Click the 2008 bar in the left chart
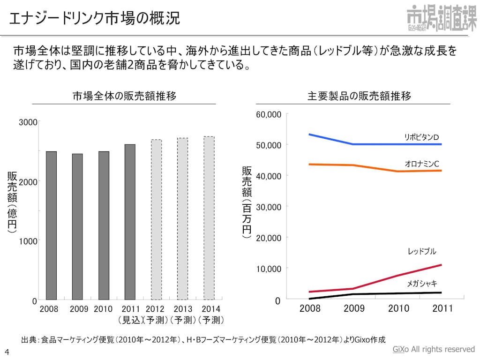[51, 225]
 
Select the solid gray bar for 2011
[130, 222]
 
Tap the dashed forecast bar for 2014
[209, 218]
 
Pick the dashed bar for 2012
[156, 219]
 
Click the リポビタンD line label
[421, 137]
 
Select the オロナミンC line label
[421, 163]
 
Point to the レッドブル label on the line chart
[421, 252]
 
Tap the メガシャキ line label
[421, 284]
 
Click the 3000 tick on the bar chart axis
[28, 122]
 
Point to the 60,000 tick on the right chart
[269, 115]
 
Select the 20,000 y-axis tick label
[269, 238]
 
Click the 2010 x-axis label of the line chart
[398, 308]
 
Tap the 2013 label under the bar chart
[183, 309]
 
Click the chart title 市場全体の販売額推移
[124, 96]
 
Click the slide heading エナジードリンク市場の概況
[94, 19]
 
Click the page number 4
[7, 352]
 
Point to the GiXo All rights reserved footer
[433, 350]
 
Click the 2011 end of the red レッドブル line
[441, 265]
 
